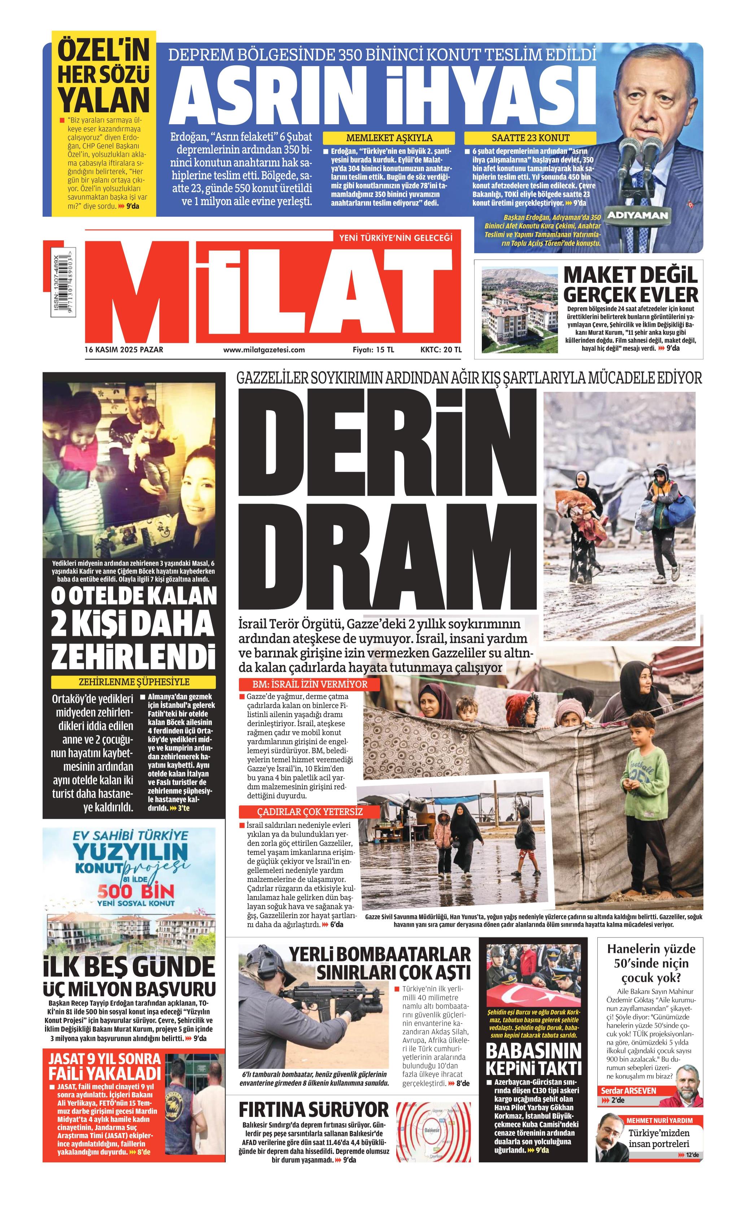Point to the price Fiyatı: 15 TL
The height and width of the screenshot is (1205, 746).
click(374, 350)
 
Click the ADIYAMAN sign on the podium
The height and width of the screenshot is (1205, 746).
click(637, 215)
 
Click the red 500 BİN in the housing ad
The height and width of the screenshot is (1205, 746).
click(136, 891)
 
